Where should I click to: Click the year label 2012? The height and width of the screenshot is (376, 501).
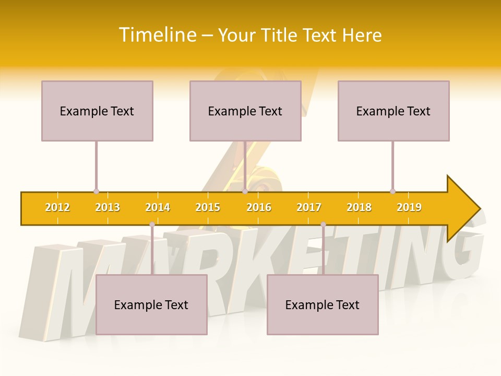pos(57,207)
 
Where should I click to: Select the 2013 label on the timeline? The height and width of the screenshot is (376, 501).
pos(108,207)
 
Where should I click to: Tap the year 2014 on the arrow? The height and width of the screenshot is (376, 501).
pos(158,207)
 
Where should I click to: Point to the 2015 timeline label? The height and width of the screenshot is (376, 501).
pos(208,207)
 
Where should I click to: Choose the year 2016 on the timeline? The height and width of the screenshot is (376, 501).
pos(259,207)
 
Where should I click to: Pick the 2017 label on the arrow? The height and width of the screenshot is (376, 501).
pos(309,207)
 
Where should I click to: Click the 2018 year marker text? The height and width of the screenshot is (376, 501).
pos(359,207)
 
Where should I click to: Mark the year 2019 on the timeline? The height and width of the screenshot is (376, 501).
pos(409,207)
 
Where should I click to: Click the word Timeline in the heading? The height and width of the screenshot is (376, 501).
pos(158,35)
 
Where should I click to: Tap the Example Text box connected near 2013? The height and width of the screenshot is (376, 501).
pos(97,111)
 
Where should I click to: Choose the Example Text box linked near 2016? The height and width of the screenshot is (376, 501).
pos(245,111)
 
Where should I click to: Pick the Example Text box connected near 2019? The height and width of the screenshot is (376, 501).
pos(393,111)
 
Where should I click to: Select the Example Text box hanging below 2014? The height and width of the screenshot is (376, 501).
pos(151,304)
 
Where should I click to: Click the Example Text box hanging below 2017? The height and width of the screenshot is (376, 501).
pos(323,304)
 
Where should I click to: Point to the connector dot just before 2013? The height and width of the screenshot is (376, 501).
pos(96,191)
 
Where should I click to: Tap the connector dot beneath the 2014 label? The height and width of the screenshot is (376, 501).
pos(152,225)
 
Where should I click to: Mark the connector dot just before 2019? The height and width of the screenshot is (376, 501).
pos(392,191)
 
